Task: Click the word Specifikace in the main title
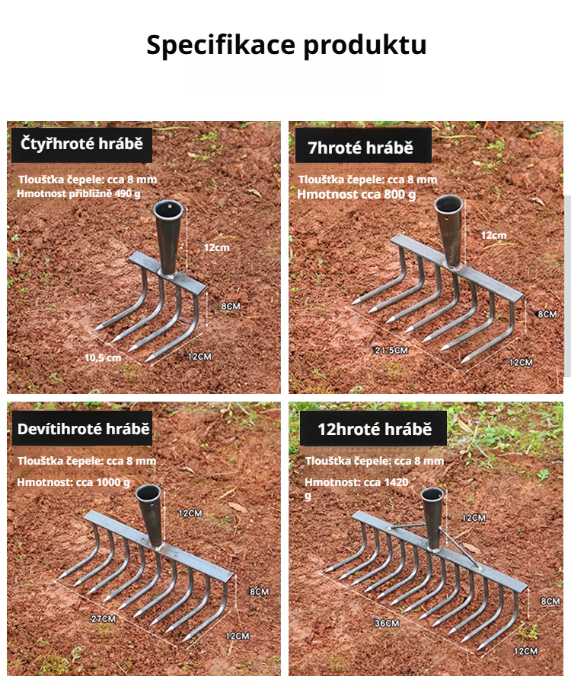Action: pos(221,45)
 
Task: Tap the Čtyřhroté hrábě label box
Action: pos(81,145)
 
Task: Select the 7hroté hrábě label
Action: pos(363,146)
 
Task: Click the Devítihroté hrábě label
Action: pos(82,428)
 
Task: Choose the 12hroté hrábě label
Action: pos(374,429)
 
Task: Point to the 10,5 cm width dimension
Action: pos(103,357)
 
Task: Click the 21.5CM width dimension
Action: pos(391,351)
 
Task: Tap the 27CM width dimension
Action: pos(104,619)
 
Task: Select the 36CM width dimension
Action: pos(387,623)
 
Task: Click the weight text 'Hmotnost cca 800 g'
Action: pos(356,194)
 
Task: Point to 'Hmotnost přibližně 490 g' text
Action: pos(78,194)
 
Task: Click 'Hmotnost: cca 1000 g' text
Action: pos(73,482)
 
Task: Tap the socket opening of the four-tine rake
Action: pos(169,208)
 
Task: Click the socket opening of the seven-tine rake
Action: pos(448,204)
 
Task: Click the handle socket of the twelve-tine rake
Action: pos(433,518)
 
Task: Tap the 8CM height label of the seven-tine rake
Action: pos(547,314)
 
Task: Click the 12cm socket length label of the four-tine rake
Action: pos(216,247)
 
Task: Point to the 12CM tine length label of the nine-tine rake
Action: pos(238,636)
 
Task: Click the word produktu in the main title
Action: pos(365,46)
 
